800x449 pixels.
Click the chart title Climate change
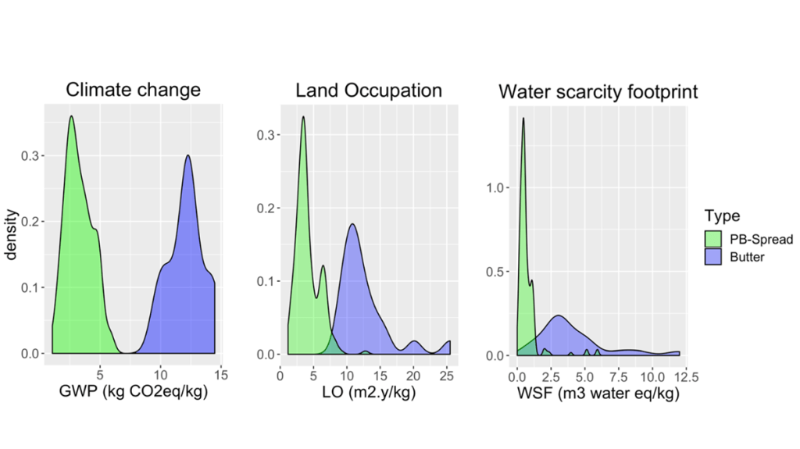133,90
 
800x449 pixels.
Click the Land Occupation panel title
368,91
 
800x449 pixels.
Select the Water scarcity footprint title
598,92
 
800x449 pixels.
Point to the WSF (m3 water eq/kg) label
598,394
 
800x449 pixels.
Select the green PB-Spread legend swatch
712,239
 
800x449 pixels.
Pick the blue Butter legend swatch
712,257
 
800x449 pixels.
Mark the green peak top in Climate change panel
71,116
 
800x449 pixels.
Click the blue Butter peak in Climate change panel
188,155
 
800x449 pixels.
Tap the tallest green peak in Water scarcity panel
523,119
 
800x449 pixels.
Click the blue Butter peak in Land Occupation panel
352,225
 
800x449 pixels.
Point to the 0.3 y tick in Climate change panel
34,156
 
